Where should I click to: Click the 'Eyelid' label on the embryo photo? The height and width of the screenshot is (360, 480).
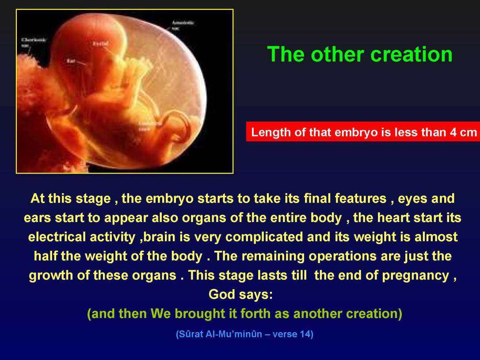point(100,43)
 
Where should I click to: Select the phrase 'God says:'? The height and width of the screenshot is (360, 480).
point(240,294)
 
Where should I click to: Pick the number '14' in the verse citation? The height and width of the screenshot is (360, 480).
point(305,334)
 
